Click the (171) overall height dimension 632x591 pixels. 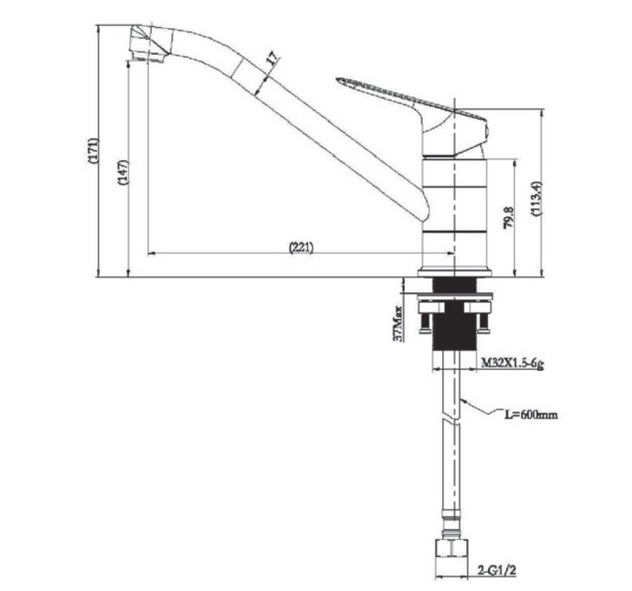(x=93, y=151)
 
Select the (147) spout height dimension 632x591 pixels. (x=124, y=172)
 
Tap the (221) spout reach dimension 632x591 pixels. (x=301, y=247)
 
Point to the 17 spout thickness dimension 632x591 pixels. (x=273, y=58)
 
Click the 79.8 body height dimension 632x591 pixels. (x=509, y=218)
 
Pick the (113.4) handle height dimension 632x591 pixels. (x=537, y=200)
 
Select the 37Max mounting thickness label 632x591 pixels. (x=398, y=324)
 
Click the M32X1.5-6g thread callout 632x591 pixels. (x=513, y=363)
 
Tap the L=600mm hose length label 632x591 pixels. (x=532, y=414)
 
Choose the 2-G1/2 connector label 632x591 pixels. (x=497, y=570)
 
